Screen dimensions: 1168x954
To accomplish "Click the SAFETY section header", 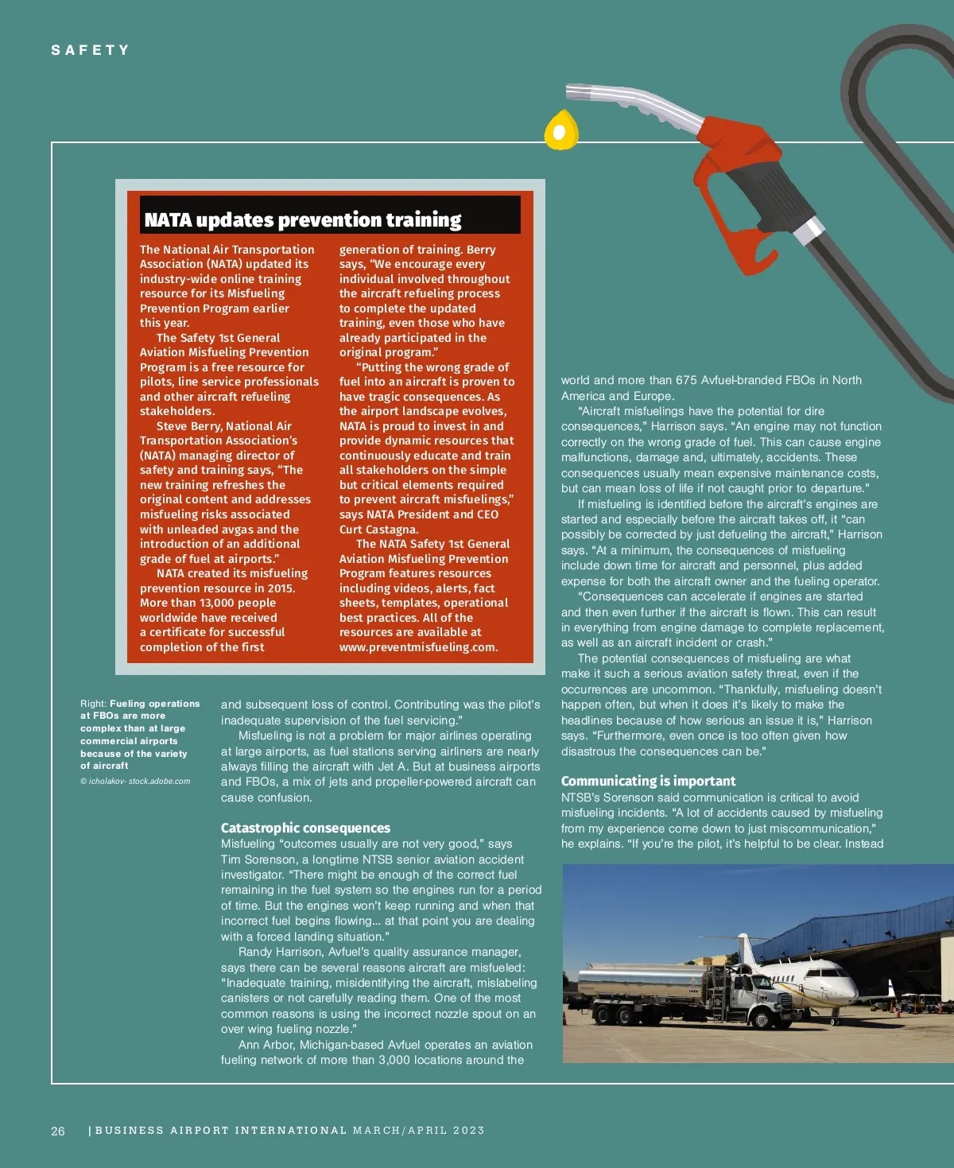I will click(x=90, y=50).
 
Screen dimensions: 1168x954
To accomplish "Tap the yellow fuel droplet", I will click(x=561, y=131).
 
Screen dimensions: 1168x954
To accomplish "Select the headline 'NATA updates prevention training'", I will click(x=303, y=219).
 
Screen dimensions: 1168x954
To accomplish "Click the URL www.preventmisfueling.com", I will click(x=418, y=647).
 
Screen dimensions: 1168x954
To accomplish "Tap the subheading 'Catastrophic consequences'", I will click(x=305, y=828).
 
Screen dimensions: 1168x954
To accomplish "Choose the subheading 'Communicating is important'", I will click(x=648, y=781).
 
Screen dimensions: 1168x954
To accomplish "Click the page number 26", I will click(x=58, y=1131).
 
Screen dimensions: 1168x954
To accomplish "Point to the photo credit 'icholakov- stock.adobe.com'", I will click(x=139, y=781).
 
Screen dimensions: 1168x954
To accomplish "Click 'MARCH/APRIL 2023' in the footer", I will click(x=419, y=1130).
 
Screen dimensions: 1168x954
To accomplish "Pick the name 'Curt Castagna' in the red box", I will click(x=378, y=530).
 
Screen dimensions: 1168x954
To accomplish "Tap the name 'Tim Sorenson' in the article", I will click(x=255, y=860).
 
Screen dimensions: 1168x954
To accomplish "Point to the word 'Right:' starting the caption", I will click(x=93, y=704).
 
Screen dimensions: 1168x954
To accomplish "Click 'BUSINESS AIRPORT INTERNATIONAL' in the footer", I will click(x=221, y=1130).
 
